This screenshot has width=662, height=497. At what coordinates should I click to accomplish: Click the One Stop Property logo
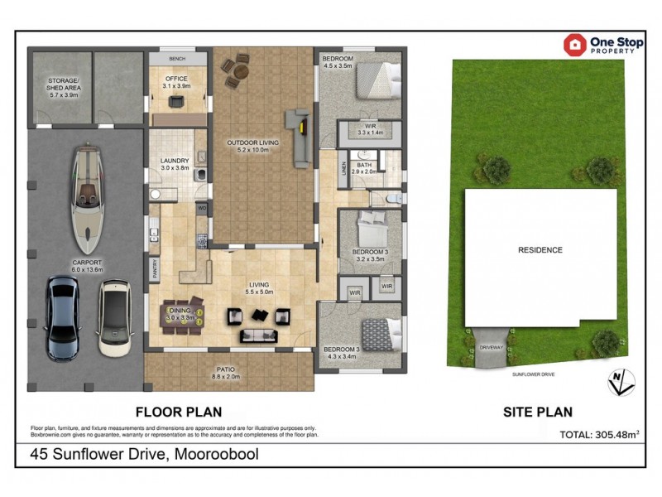600,44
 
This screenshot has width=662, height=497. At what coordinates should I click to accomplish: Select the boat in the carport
87,200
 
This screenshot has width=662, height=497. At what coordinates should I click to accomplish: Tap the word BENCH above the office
177,60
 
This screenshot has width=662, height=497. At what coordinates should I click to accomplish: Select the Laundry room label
175,164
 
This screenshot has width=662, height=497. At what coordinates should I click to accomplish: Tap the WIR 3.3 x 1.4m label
370,130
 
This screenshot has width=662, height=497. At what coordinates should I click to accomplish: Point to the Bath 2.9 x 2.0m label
365,168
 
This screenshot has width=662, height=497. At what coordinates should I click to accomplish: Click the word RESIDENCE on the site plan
540,250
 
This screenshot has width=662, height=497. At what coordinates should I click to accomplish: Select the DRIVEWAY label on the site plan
491,348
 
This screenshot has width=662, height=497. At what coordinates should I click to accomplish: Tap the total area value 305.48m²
589,433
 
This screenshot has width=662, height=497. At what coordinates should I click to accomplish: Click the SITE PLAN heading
538,411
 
